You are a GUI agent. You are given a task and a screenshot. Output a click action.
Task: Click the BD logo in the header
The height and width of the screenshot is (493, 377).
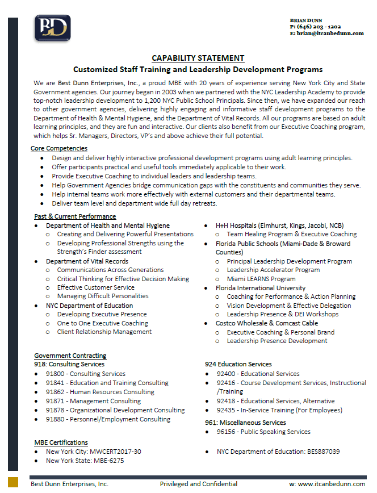pyautogui.click(x=53, y=28)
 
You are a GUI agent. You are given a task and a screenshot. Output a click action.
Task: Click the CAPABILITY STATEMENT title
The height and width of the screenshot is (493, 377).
pyautogui.click(x=198, y=58)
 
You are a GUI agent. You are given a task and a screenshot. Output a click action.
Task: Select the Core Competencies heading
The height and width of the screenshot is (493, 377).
pyautogui.click(x=59, y=148)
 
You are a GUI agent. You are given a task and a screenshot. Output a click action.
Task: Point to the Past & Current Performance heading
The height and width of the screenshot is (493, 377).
pyautogui.click(x=75, y=216)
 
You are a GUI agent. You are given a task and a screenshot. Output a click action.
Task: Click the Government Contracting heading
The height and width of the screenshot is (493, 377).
pyautogui.click(x=70, y=356)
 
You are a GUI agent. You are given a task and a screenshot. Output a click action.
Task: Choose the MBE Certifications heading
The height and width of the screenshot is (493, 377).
pyautogui.click(x=61, y=442)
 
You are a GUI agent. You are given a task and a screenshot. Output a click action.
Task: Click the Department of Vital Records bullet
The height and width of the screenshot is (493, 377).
pyautogui.click(x=87, y=261)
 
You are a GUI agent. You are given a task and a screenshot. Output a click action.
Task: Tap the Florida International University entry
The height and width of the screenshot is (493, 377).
pyautogui.click(x=260, y=288)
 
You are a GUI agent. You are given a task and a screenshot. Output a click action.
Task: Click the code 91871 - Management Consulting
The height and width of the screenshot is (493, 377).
pyautogui.click(x=93, y=401)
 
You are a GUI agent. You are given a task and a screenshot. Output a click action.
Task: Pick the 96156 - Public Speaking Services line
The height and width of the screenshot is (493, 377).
pyautogui.click(x=263, y=432)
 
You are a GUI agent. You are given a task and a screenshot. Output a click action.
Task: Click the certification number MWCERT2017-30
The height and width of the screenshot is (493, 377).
pyautogui.click(x=118, y=452)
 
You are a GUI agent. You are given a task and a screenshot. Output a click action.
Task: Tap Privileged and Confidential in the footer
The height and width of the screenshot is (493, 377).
pyautogui.click(x=198, y=484)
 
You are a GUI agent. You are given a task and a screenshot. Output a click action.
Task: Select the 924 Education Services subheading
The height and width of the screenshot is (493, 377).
pyautogui.click(x=238, y=364)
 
